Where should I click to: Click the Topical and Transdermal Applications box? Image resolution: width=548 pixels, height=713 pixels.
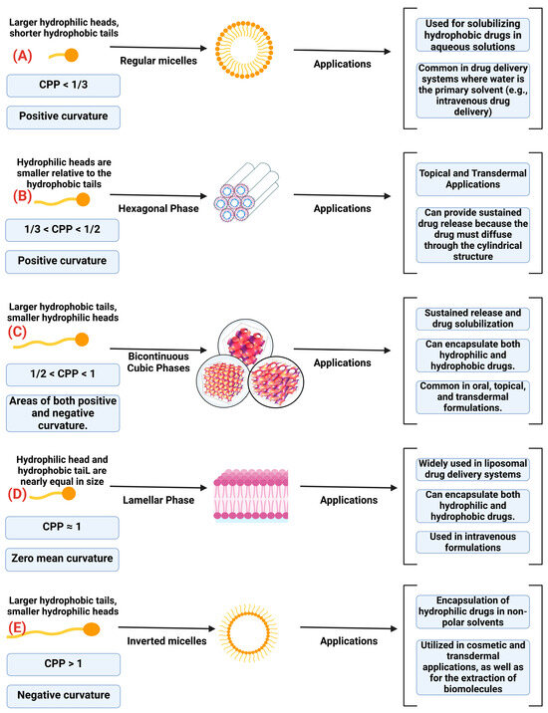click(x=458, y=176)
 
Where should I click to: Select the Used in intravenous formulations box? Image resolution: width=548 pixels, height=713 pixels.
click(x=458, y=544)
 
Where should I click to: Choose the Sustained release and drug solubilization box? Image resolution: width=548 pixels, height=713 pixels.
click(x=458, y=318)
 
